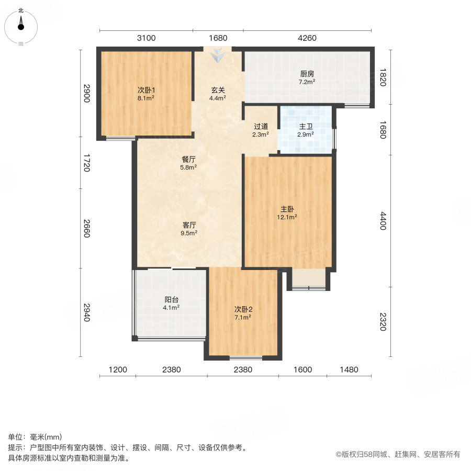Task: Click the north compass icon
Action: pyautogui.click(x=21, y=26)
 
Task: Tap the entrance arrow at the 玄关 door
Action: pyautogui.click(x=218, y=54)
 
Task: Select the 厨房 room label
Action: pyautogui.click(x=307, y=74)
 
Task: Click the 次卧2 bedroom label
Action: pyautogui.click(x=243, y=309)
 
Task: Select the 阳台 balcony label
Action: pyautogui.click(x=172, y=300)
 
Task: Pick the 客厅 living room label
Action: pyautogui.click(x=189, y=225)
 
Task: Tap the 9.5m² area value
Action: pyautogui.click(x=189, y=233)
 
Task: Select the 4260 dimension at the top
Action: pyautogui.click(x=307, y=38)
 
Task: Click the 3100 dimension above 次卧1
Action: pyautogui.click(x=146, y=38)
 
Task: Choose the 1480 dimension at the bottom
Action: pyautogui.click(x=349, y=369)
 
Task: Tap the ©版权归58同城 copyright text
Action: pyautogui.click(x=398, y=455)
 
